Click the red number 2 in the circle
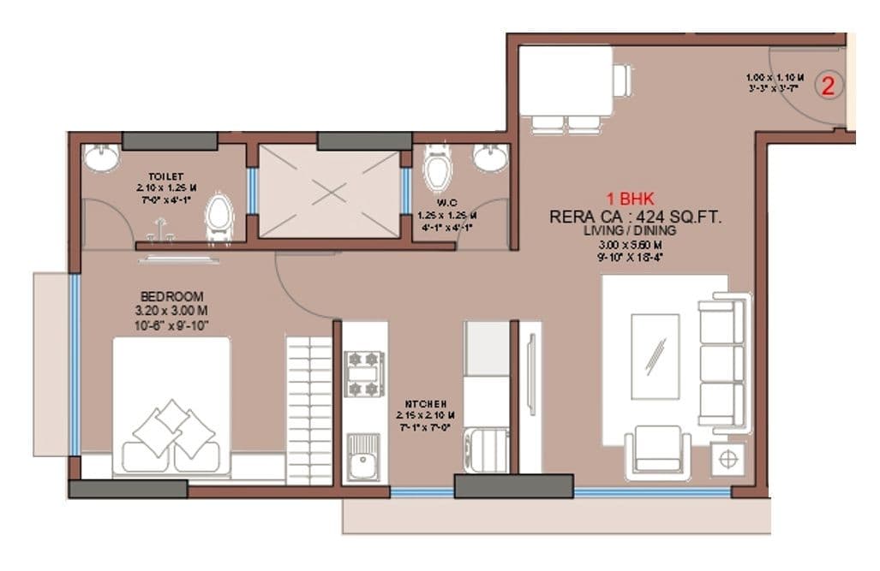click(829, 85)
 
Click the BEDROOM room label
click(172, 296)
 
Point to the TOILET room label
click(165, 176)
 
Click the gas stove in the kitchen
click(363, 374)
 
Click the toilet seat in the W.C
click(438, 170)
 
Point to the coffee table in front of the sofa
click(655, 356)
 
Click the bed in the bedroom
click(171, 406)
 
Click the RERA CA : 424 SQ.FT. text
click(635, 217)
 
